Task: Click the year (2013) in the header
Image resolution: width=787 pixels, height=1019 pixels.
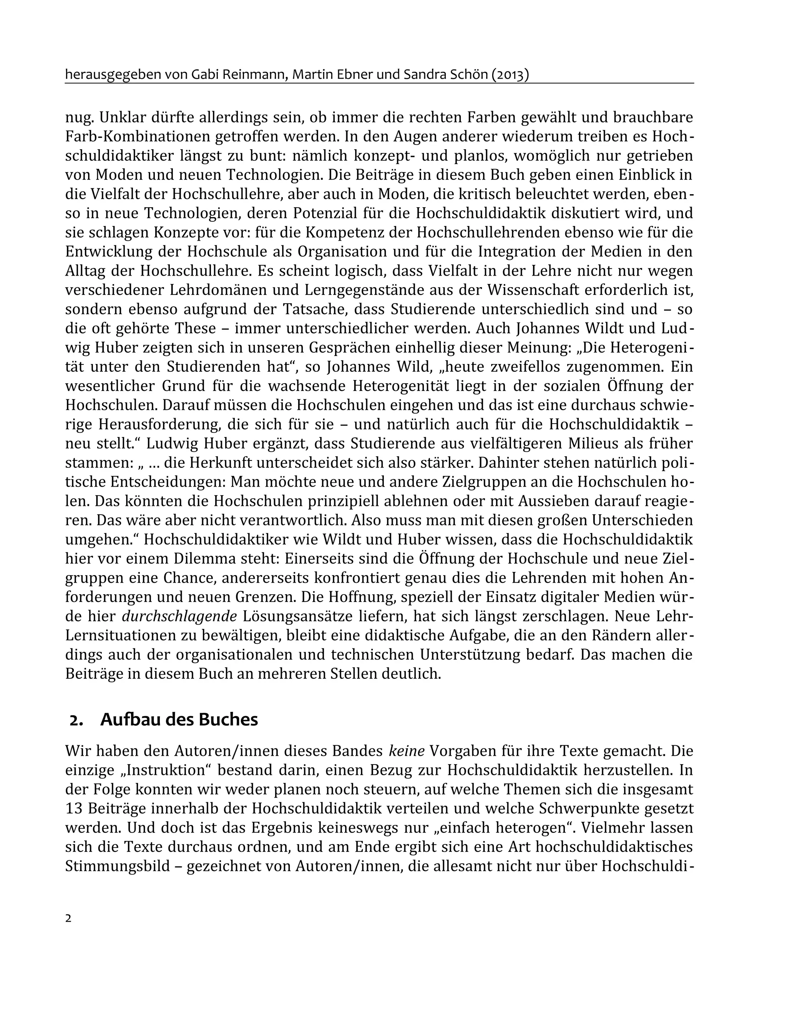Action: click(510, 75)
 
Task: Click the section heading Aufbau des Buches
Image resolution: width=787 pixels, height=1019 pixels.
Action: click(179, 720)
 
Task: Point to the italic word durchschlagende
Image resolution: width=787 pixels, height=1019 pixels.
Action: click(179, 616)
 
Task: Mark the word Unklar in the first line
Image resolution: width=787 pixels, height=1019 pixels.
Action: click(121, 118)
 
